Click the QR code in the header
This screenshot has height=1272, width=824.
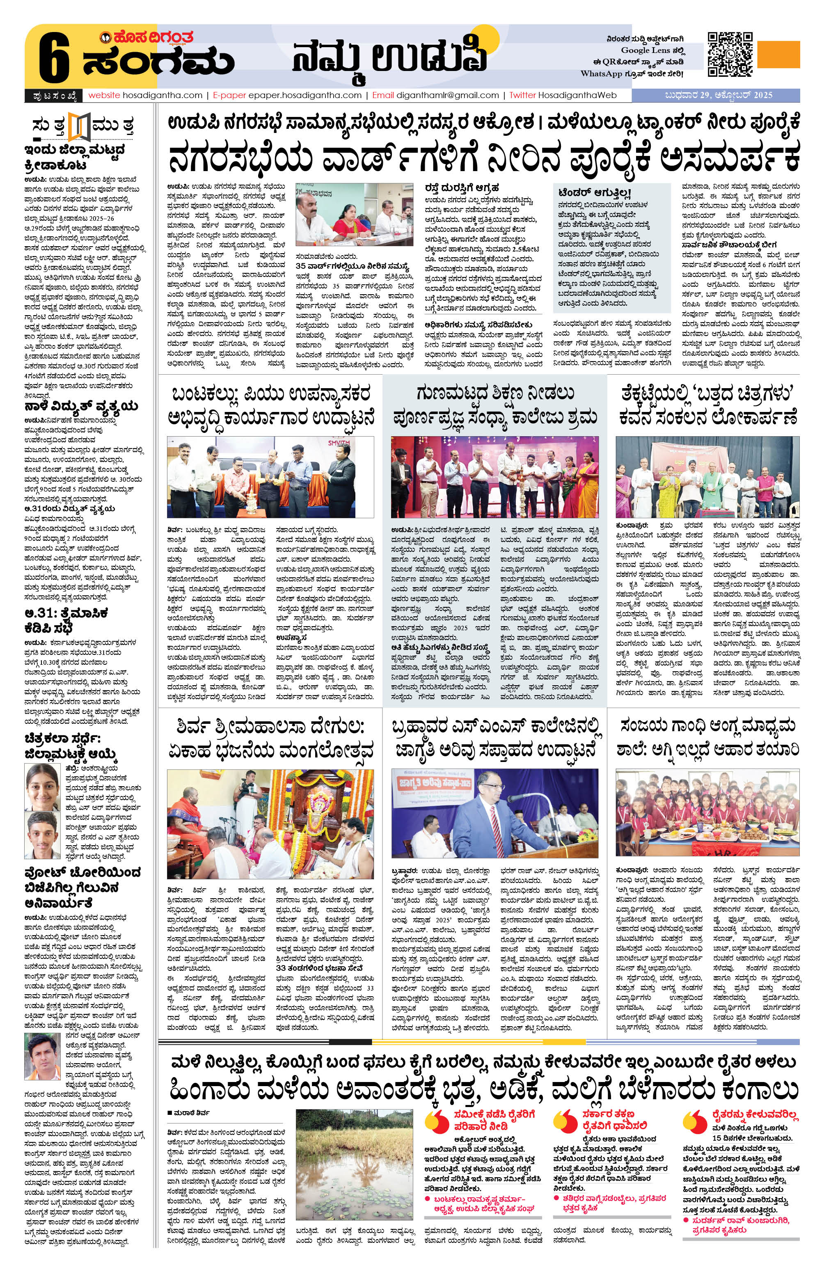[730, 54]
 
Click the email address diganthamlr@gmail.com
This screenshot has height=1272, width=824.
[447, 95]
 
